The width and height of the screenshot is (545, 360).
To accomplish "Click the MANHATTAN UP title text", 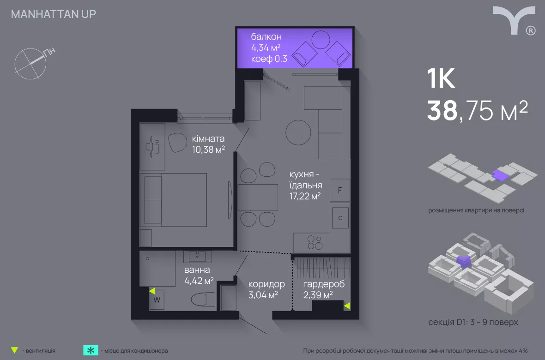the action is [54, 14].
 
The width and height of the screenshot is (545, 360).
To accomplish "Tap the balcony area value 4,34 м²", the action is [266, 48].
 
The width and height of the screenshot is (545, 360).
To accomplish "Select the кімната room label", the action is [208, 138].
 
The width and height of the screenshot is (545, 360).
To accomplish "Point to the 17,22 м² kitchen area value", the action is [305, 196].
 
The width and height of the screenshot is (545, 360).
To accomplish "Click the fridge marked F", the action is [339, 190].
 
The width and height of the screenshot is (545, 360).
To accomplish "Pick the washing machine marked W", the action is [157, 300].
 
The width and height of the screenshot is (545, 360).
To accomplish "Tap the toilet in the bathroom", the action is [203, 299].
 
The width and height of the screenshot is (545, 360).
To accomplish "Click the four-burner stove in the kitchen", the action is [315, 243].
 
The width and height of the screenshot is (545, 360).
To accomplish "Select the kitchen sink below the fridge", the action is [340, 218].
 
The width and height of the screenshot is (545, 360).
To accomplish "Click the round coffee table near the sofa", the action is [298, 132].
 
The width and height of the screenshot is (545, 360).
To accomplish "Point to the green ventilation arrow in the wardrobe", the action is [347, 306].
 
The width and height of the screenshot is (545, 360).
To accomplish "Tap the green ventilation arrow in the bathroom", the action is [152, 290].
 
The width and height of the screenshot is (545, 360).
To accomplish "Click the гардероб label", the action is [324, 284].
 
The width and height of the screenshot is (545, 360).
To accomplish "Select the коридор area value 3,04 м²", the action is [263, 295].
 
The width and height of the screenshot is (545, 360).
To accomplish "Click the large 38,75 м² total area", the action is [477, 110].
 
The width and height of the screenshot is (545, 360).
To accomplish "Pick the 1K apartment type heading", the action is [441, 78].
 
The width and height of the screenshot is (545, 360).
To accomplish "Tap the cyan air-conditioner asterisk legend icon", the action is [91, 350].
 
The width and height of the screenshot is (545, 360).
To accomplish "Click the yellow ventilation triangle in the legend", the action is [14, 350].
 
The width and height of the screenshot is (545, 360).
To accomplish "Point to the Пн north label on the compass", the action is [49, 52].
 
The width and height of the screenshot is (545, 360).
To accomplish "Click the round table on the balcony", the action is [321, 40].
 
